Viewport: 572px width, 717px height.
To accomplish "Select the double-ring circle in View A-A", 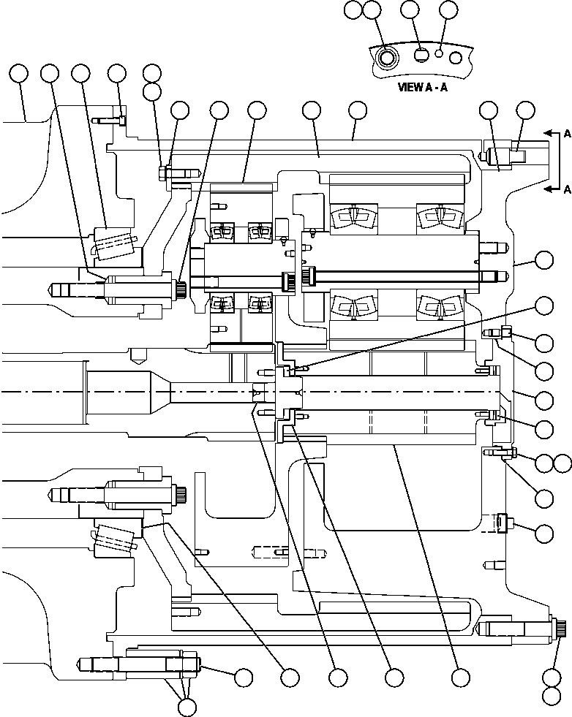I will click(x=386, y=56).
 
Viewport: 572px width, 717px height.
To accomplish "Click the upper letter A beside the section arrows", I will click(x=567, y=134).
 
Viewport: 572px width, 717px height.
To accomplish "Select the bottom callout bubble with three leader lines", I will click(x=187, y=706).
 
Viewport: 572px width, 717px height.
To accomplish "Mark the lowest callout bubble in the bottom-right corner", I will click(x=552, y=697).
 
